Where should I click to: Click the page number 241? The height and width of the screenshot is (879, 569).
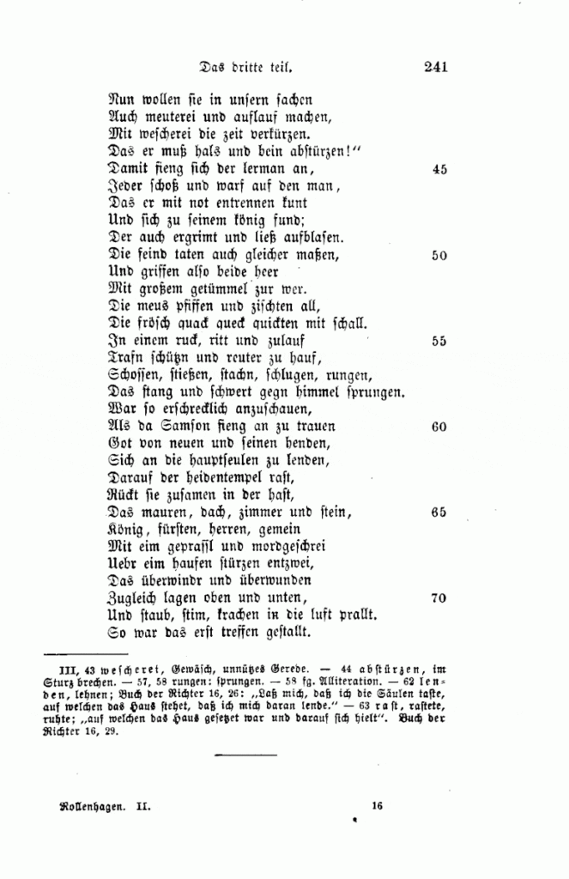pyautogui.click(x=435, y=64)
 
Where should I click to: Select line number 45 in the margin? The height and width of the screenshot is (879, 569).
pyautogui.click(x=439, y=170)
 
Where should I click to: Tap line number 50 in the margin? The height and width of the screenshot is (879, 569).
pyautogui.click(x=439, y=256)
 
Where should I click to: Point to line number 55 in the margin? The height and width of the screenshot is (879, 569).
pyautogui.click(x=439, y=341)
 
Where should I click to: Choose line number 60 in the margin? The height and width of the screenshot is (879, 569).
pyautogui.click(x=439, y=427)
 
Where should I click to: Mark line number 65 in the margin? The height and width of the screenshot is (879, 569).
pyautogui.click(x=439, y=512)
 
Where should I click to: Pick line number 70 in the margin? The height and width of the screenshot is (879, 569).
pyautogui.click(x=439, y=598)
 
